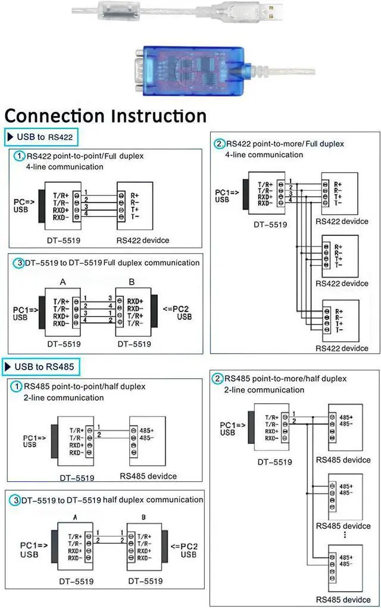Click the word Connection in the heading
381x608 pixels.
58,115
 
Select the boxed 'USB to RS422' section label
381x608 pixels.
41,137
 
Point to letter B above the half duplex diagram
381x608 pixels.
144,517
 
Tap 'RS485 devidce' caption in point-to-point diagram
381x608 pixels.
148,476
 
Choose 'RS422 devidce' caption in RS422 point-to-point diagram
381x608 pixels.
143,240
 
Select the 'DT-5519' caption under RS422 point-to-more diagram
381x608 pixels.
270,225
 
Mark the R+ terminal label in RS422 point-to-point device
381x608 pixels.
135,195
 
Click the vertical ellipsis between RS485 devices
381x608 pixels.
345,535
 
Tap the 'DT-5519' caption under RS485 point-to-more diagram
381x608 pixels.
274,462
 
